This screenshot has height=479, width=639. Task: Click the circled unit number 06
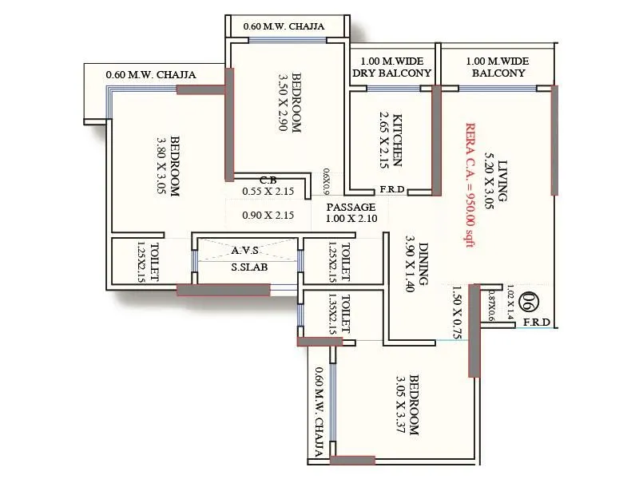pyautogui.click(x=528, y=303)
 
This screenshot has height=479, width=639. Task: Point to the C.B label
pyautogui.click(x=268, y=180)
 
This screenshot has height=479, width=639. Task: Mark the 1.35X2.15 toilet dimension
pyautogui.click(x=331, y=315)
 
